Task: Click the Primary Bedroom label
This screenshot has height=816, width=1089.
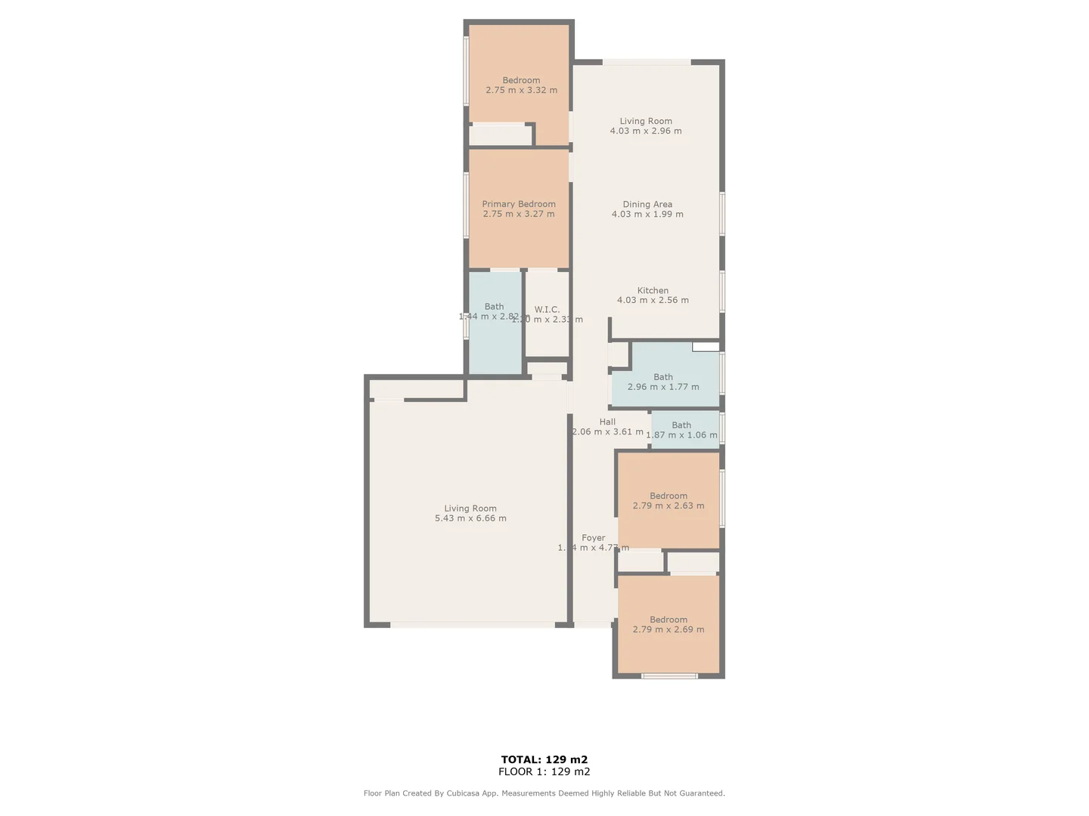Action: pyautogui.click(x=519, y=204)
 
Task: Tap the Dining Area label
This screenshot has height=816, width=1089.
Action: pyautogui.click(x=647, y=204)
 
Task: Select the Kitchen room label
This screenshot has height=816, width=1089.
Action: pyautogui.click(x=653, y=290)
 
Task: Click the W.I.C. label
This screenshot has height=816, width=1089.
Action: pyautogui.click(x=547, y=310)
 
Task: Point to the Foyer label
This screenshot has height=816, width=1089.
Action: pyautogui.click(x=594, y=538)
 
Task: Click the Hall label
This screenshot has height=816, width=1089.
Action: pyautogui.click(x=607, y=422)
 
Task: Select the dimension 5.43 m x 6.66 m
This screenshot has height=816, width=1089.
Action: pyautogui.click(x=470, y=518)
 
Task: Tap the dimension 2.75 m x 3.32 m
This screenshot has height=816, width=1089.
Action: pyautogui.click(x=521, y=90)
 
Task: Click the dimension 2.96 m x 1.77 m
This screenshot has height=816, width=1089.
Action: pyautogui.click(x=663, y=387)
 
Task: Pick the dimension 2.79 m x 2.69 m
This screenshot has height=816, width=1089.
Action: pyautogui.click(x=669, y=629)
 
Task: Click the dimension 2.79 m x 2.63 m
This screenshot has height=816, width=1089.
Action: pyautogui.click(x=669, y=506)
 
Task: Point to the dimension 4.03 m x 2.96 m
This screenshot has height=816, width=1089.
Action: pyautogui.click(x=646, y=131)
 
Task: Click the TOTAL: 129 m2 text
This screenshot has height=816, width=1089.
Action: pyautogui.click(x=544, y=759)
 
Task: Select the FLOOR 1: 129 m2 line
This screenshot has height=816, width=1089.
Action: pyautogui.click(x=544, y=771)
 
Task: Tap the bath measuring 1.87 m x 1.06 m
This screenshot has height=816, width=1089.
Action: pyautogui.click(x=681, y=430)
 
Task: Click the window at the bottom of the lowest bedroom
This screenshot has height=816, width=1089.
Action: pyautogui.click(x=669, y=675)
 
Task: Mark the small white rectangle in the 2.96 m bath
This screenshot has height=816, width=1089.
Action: pyautogui.click(x=706, y=347)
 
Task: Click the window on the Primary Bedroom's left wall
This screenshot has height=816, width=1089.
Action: pyautogui.click(x=466, y=206)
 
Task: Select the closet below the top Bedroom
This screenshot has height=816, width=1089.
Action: pyautogui.click(x=501, y=135)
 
